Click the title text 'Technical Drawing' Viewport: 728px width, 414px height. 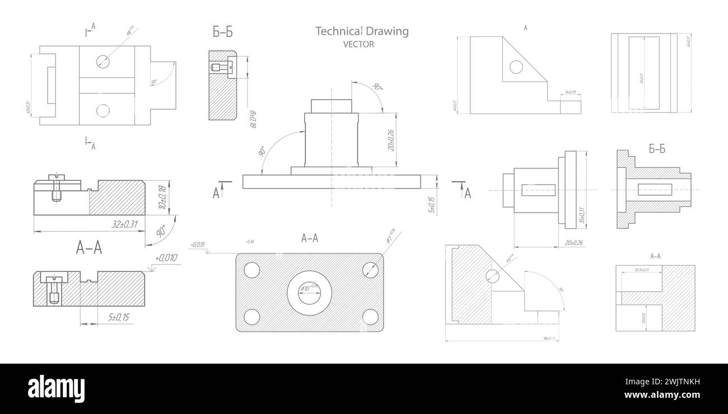point(362,31)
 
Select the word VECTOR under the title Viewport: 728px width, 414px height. point(358,45)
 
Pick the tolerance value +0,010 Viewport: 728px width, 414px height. point(166,258)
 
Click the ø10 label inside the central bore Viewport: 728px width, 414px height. point(309,288)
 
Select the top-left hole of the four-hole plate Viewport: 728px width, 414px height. point(252,270)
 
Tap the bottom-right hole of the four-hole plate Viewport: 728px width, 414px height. point(370,317)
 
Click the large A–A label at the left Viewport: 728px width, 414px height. point(89,248)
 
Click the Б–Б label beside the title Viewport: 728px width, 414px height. point(222,32)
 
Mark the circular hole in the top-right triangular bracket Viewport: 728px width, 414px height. point(516,68)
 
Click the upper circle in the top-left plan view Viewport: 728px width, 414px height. point(103,61)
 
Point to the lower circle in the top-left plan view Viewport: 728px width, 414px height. point(103,110)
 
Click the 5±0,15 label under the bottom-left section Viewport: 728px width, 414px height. point(118,318)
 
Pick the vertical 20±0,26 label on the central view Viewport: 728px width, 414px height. point(390,140)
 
